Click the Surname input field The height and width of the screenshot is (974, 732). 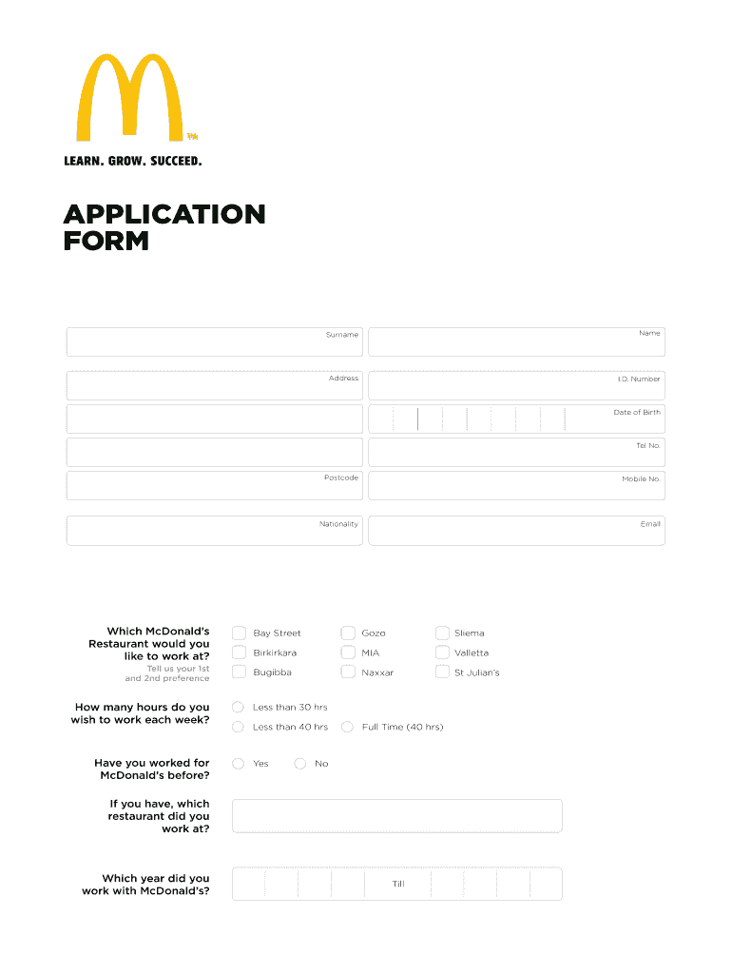pos(214,342)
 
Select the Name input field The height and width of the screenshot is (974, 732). pos(516,342)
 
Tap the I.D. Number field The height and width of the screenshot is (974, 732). pos(516,386)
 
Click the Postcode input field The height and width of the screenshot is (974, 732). pos(214,485)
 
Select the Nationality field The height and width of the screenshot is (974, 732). pos(214,531)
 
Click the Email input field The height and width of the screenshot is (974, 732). pos(516,531)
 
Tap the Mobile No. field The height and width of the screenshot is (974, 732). pos(516,485)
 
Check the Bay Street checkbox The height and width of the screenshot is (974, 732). pos(239,633)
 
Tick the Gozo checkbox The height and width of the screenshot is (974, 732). pos(348,633)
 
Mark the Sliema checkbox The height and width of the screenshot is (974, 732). pos(442,633)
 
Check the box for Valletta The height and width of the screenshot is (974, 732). pos(442,653)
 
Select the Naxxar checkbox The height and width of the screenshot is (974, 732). pos(348,672)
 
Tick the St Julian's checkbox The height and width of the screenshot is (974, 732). pos(442,672)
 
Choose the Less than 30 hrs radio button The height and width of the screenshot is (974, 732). pos(239,707)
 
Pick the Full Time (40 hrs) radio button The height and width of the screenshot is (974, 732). pos(348,727)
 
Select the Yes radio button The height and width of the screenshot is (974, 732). pos(239,763)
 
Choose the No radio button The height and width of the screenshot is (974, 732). pos(300,763)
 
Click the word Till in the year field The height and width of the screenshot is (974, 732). pos(398,884)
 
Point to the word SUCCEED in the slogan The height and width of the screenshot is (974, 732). pos(176,161)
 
